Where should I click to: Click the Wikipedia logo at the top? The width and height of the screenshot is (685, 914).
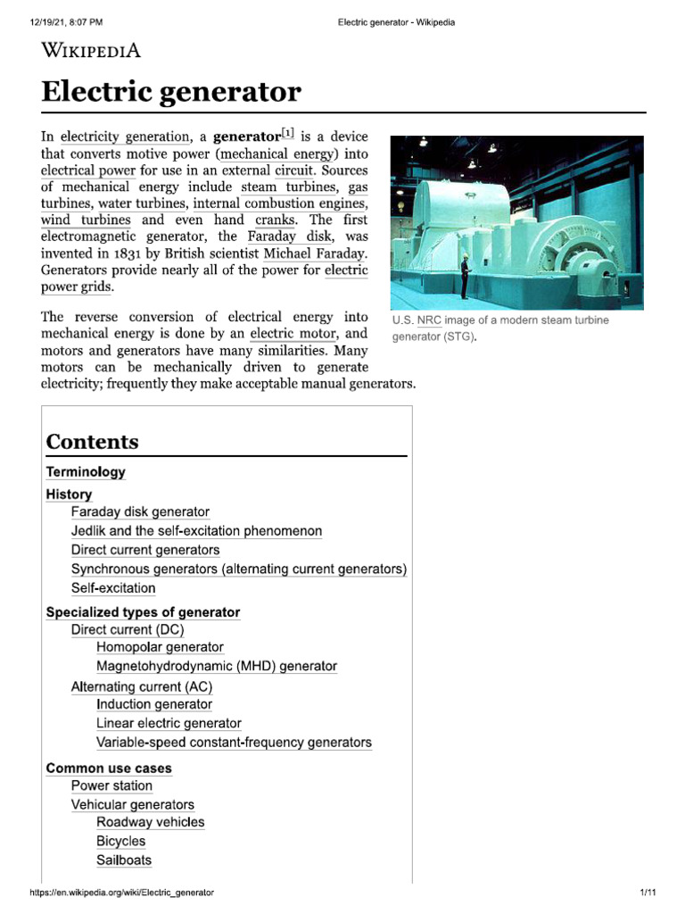click(91, 49)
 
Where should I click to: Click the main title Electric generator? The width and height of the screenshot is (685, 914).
click(171, 91)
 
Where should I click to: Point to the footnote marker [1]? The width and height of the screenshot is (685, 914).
click(289, 135)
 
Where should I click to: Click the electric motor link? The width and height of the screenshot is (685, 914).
click(293, 334)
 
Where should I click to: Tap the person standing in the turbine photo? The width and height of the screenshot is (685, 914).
click(464, 277)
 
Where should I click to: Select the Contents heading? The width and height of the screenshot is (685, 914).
click(92, 442)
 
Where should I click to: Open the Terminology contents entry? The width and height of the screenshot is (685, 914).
click(86, 472)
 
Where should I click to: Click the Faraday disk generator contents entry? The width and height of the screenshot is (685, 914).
click(140, 512)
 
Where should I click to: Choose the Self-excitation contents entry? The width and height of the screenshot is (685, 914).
click(113, 588)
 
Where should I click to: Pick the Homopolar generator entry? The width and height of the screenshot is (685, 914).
click(160, 647)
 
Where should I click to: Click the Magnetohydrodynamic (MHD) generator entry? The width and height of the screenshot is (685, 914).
click(217, 666)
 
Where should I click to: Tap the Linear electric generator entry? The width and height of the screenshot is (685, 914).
click(169, 723)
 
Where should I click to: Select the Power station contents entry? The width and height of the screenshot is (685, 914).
click(111, 786)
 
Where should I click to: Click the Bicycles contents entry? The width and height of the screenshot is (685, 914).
click(120, 841)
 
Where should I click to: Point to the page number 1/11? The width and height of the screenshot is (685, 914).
click(648, 893)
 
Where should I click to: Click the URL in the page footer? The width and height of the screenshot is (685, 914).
click(122, 893)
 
